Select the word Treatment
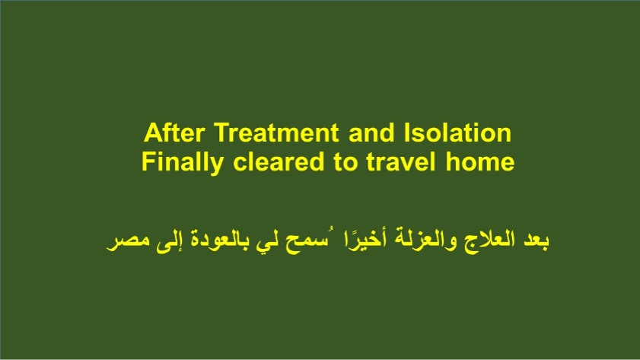276,132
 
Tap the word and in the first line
371,132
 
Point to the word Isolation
457,132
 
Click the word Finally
182,162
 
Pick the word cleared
279,161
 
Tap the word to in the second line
345,162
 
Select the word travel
401,161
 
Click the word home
480,161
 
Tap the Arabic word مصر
127,241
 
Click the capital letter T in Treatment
221,132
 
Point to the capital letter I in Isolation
406,132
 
